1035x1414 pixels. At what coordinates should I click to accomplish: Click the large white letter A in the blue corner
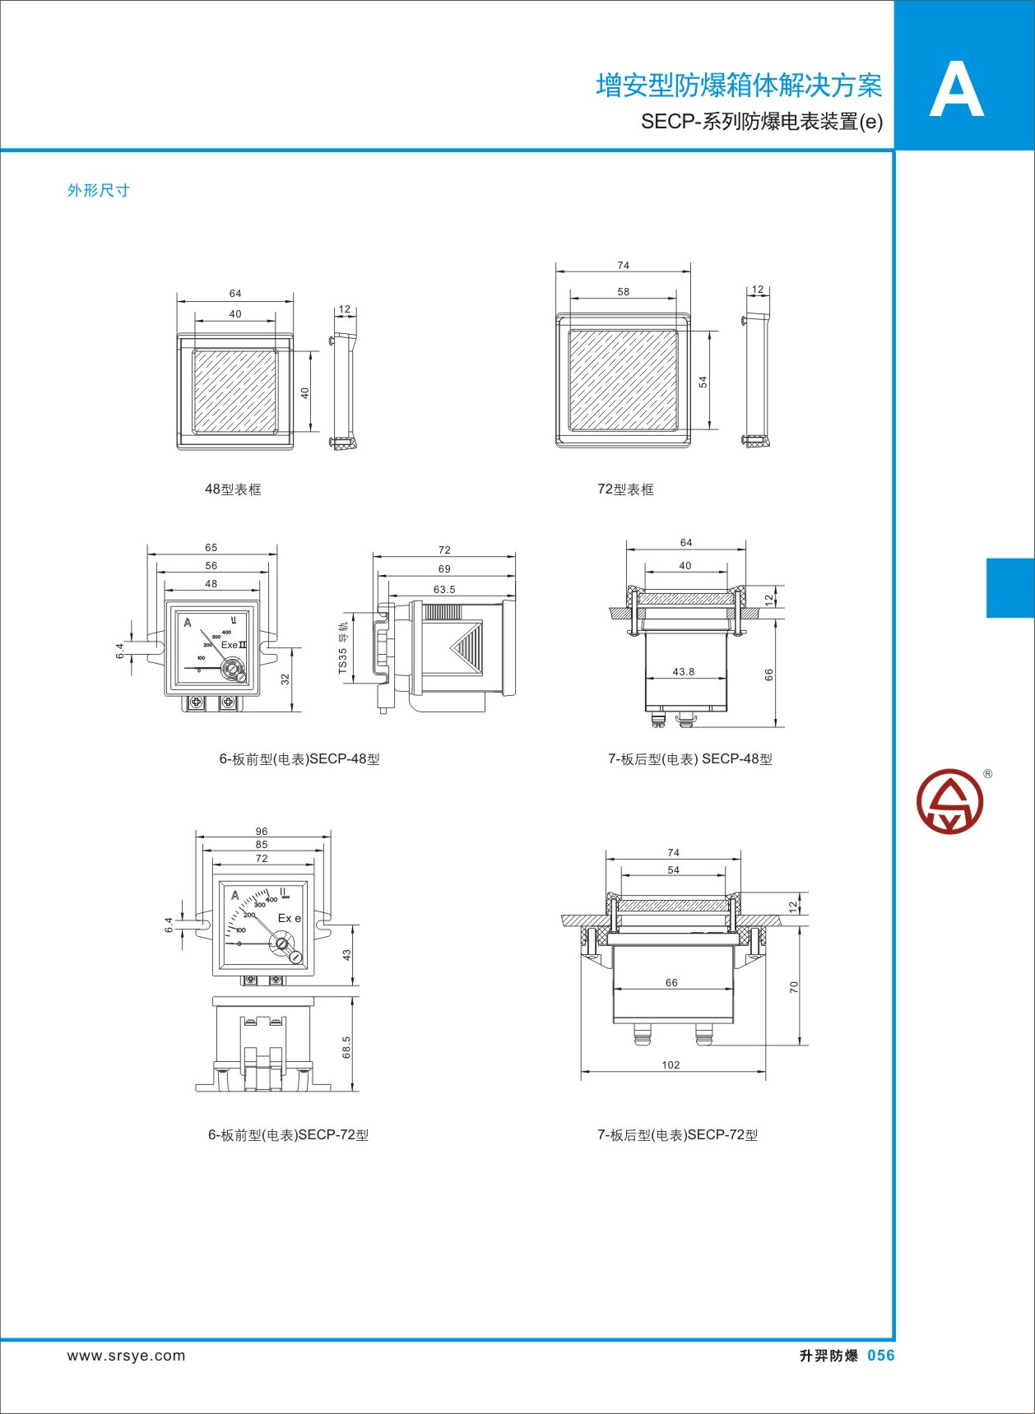tap(956, 90)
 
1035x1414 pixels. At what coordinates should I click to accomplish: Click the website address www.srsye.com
tap(127, 1356)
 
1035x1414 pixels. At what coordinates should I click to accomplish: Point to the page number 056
tap(880, 1356)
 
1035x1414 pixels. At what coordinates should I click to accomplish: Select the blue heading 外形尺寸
tap(99, 190)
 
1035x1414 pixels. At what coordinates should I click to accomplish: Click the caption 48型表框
tap(233, 489)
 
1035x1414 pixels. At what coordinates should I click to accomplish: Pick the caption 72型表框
tap(625, 489)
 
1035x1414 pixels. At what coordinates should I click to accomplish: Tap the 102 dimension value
tap(671, 1064)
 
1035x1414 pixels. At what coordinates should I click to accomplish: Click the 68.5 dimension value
tap(346, 1047)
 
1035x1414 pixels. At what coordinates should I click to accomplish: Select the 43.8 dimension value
tap(684, 671)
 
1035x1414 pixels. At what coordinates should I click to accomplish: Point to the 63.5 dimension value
tap(444, 590)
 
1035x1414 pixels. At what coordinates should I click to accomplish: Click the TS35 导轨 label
tap(343, 648)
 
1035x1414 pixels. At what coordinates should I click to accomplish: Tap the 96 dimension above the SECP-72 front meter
tap(262, 832)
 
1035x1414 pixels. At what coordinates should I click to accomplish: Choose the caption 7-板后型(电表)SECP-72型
tap(678, 1135)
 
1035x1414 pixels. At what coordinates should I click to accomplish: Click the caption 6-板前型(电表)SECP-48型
tap(299, 759)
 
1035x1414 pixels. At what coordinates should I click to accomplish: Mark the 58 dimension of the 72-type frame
tap(624, 292)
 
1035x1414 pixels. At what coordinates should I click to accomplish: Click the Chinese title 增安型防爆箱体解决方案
tap(739, 86)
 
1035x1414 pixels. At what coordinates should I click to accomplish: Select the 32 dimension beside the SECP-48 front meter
tap(285, 679)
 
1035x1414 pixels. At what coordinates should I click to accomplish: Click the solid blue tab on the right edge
tap(1010, 587)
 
